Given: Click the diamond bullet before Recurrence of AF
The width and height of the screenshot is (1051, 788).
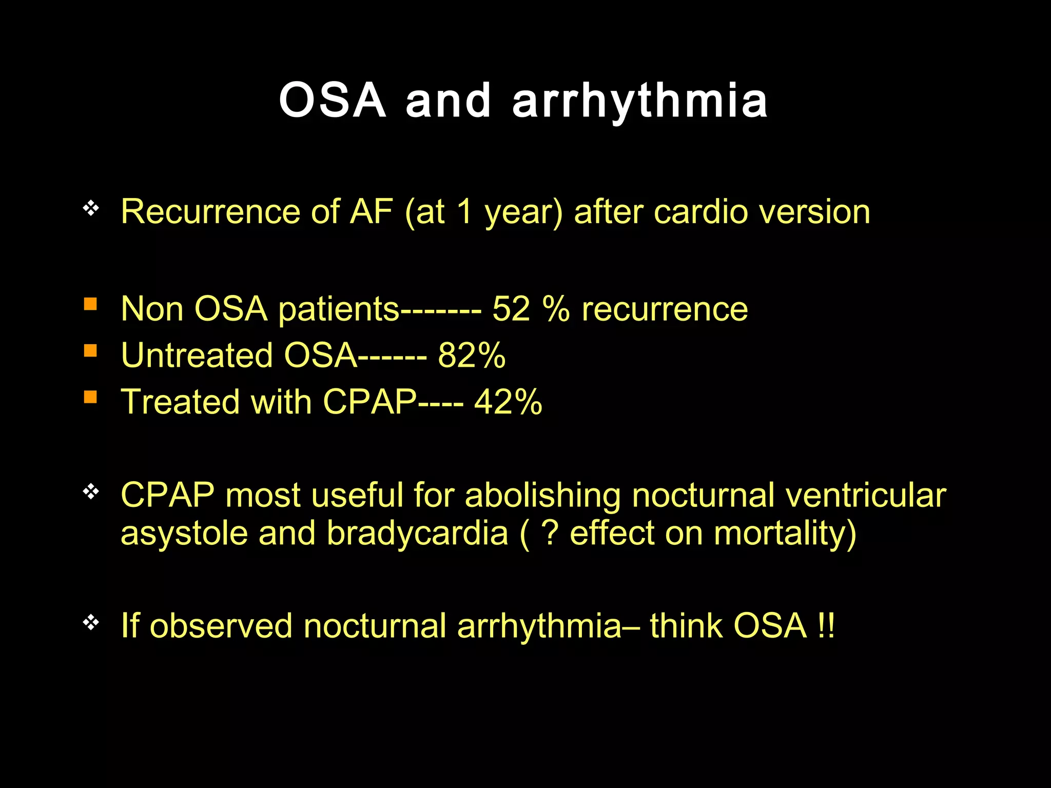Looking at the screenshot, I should (91, 208).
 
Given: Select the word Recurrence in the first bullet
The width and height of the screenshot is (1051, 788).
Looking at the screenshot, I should (210, 211).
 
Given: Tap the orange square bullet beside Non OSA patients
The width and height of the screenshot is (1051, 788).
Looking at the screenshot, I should (90, 304).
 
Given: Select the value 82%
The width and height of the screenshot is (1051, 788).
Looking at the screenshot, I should (471, 355).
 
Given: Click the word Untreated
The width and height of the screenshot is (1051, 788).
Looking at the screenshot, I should (197, 355).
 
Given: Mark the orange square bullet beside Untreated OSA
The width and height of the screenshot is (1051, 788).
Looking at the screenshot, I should (90, 350).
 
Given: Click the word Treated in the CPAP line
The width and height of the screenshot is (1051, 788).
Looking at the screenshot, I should (180, 401).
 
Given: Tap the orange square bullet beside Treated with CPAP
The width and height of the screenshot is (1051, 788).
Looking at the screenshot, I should (90, 397).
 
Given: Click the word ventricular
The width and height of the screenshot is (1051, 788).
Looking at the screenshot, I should (866, 496).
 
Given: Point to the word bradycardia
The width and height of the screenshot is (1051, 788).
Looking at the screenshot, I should (417, 534).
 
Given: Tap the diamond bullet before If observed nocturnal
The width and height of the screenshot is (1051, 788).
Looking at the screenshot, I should (91, 622).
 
